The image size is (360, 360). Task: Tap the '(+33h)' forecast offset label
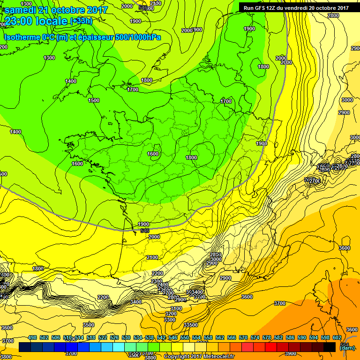point(81,21)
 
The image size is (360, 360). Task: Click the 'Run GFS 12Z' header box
point(296,7)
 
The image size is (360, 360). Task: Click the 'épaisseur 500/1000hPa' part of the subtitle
point(122,37)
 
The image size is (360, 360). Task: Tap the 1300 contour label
point(49,58)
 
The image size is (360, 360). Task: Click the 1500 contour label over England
point(94,100)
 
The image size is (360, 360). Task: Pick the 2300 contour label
point(157,281)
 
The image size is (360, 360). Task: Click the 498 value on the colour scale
point(32,337)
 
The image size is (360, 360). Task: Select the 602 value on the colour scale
point(337,337)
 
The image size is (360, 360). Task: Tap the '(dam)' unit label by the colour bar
point(347,348)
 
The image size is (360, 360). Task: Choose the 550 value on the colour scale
point(185,337)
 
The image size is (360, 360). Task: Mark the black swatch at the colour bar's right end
point(330,347)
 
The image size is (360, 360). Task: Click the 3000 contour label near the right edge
point(347,100)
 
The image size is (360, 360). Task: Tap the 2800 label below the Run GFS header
point(333,15)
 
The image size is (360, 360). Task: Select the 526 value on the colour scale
point(114,337)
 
